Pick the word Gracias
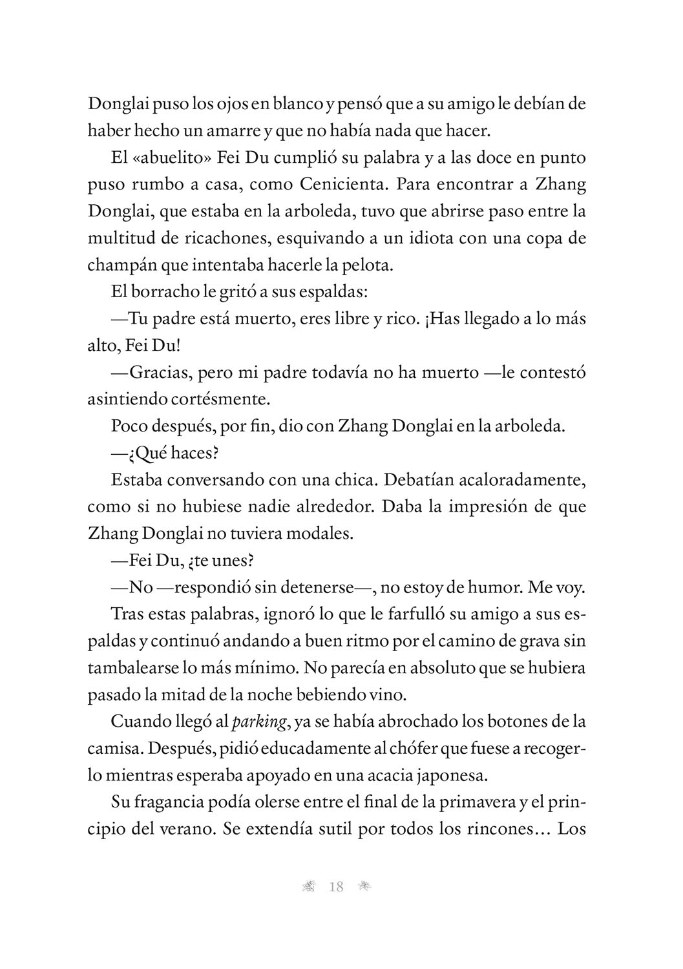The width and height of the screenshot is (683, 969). click(158, 373)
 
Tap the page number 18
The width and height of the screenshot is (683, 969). click(336, 887)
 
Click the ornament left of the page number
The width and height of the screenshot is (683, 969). click(308, 887)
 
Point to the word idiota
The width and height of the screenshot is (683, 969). click(423, 238)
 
